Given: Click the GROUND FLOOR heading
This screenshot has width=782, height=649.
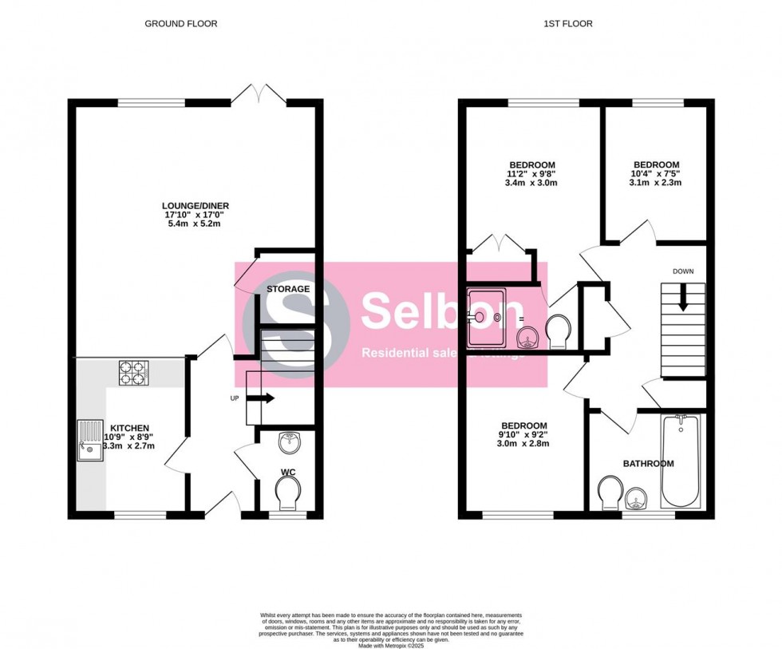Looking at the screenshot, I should click(x=180, y=24).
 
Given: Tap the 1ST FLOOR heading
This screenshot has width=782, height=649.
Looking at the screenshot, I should click(x=569, y=24).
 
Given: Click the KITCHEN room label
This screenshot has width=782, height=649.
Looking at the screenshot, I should click(x=129, y=428).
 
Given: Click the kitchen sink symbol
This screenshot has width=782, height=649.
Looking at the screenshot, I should click(x=88, y=441).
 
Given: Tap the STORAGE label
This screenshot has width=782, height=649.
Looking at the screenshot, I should click(x=288, y=289).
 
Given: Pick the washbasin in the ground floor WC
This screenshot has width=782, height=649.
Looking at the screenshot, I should click(x=288, y=441).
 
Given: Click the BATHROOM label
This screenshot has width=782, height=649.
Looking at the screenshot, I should click(x=648, y=463).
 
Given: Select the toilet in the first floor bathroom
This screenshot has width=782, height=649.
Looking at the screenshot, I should click(x=610, y=492).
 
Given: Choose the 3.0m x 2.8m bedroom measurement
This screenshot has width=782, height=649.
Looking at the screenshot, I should click(x=523, y=444).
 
